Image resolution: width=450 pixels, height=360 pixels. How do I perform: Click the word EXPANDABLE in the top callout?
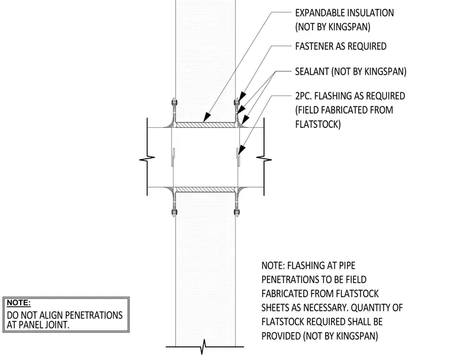[319, 13]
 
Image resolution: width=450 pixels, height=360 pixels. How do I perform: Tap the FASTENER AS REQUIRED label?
[340, 46]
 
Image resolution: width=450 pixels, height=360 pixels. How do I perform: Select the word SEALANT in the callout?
[312, 72]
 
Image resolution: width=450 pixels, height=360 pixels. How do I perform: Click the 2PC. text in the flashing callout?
[303, 96]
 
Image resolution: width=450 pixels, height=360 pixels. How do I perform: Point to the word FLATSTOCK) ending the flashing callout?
[318, 124]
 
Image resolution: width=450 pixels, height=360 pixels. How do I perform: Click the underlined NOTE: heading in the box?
[19, 303]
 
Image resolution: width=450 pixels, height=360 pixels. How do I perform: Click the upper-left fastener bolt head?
[174, 102]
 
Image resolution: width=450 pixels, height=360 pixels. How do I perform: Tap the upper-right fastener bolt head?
[237, 102]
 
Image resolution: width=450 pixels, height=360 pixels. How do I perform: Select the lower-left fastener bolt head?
[174, 213]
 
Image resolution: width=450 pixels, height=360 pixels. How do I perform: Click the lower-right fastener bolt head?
[237, 213]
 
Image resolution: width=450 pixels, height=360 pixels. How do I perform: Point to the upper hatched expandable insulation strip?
[205, 125]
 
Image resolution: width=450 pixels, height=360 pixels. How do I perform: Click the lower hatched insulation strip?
[205, 189]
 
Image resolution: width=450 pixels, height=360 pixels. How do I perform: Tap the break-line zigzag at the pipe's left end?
[147, 158]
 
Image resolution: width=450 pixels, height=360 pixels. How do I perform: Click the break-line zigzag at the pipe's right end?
[264, 158]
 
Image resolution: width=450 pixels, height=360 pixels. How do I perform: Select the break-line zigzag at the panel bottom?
[204, 346]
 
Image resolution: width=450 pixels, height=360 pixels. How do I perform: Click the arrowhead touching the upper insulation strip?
[207, 117]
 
